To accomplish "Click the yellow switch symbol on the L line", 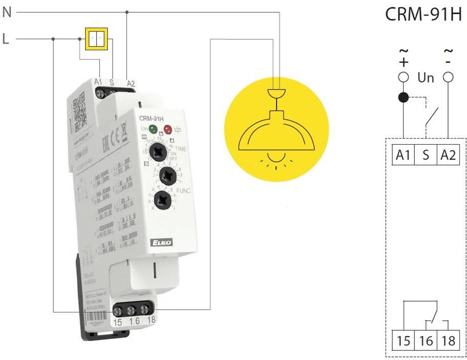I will click(x=96, y=39).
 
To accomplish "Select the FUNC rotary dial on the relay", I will click(x=163, y=199).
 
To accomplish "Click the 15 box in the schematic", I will click(x=404, y=340).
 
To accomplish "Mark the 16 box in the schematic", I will click(x=426, y=340).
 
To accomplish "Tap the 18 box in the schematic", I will click(x=448, y=340).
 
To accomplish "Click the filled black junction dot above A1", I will click(x=404, y=97).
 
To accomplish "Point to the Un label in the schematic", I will click(x=426, y=78).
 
